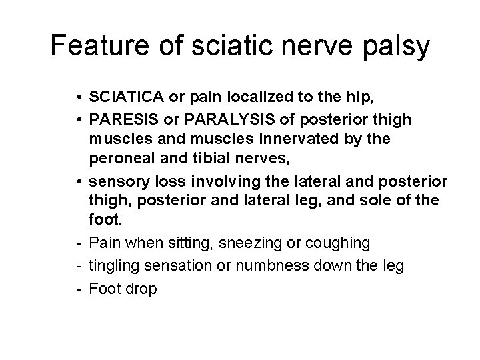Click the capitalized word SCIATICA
[127, 99]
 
